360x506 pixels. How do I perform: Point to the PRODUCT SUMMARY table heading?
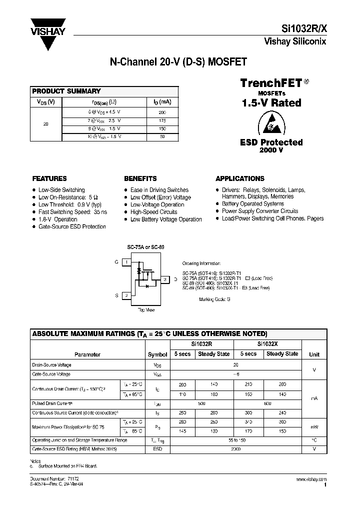click(66, 91)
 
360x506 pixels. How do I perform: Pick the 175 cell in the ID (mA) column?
click(162, 120)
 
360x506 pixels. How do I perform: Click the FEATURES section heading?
click(49, 178)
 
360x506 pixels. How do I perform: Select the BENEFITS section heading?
click(140, 178)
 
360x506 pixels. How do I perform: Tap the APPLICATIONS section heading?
click(240, 178)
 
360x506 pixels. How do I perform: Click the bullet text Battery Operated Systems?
click(253, 204)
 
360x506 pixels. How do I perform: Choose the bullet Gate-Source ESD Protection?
click(72, 226)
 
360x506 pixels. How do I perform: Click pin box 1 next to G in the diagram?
click(127, 262)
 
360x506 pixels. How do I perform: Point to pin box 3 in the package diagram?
click(165, 279)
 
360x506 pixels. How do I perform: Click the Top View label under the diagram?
click(146, 310)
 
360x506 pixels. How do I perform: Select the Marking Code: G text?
click(214, 299)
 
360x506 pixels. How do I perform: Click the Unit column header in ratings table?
click(314, 354)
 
